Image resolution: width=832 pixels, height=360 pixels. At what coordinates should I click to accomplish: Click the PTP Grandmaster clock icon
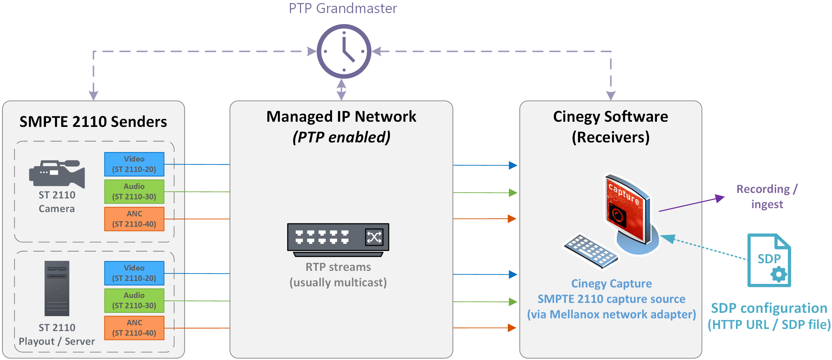click(x=344, y=51)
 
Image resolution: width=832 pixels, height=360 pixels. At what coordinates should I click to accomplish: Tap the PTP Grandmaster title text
click(x=343, y=9)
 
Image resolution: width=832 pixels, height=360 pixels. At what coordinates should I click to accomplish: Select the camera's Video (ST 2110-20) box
click(x=134, y=164)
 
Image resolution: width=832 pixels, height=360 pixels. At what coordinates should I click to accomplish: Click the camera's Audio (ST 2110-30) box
click(x=134, y=191)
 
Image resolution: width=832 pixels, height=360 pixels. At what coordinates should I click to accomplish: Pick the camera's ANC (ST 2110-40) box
click(x=134, y=219)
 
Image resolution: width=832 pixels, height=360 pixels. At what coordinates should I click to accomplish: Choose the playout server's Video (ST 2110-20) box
click(x=134, y=273)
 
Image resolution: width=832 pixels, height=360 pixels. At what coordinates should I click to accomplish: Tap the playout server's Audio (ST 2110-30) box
click(x=134, y=301)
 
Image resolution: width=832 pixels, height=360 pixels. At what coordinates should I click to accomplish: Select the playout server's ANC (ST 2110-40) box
click(x=134, y=328)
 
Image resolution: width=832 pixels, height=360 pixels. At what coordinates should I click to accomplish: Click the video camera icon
click(x=57, y=174)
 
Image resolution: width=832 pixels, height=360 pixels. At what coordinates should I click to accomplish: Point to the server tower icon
click(x=57, y=288)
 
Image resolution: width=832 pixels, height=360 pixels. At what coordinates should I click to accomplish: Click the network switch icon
click(x=338, y=239)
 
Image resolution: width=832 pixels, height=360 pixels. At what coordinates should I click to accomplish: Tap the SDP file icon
click(x=769, y=260)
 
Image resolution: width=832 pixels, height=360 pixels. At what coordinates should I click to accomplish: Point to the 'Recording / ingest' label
click(x=767, y=196)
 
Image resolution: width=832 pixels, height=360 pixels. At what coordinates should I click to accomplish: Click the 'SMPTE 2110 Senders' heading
click(x=93, y=122)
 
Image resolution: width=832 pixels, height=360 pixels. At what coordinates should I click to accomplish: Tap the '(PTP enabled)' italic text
click(x=341, y=137)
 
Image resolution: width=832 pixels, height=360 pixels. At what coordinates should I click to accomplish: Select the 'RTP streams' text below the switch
click(x=338, y=267)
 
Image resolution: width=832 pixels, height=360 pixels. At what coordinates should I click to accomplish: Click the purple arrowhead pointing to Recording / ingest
click(x=720, y=198)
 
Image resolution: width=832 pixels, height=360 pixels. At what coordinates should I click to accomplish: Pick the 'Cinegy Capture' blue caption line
click(x=612, y=284)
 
